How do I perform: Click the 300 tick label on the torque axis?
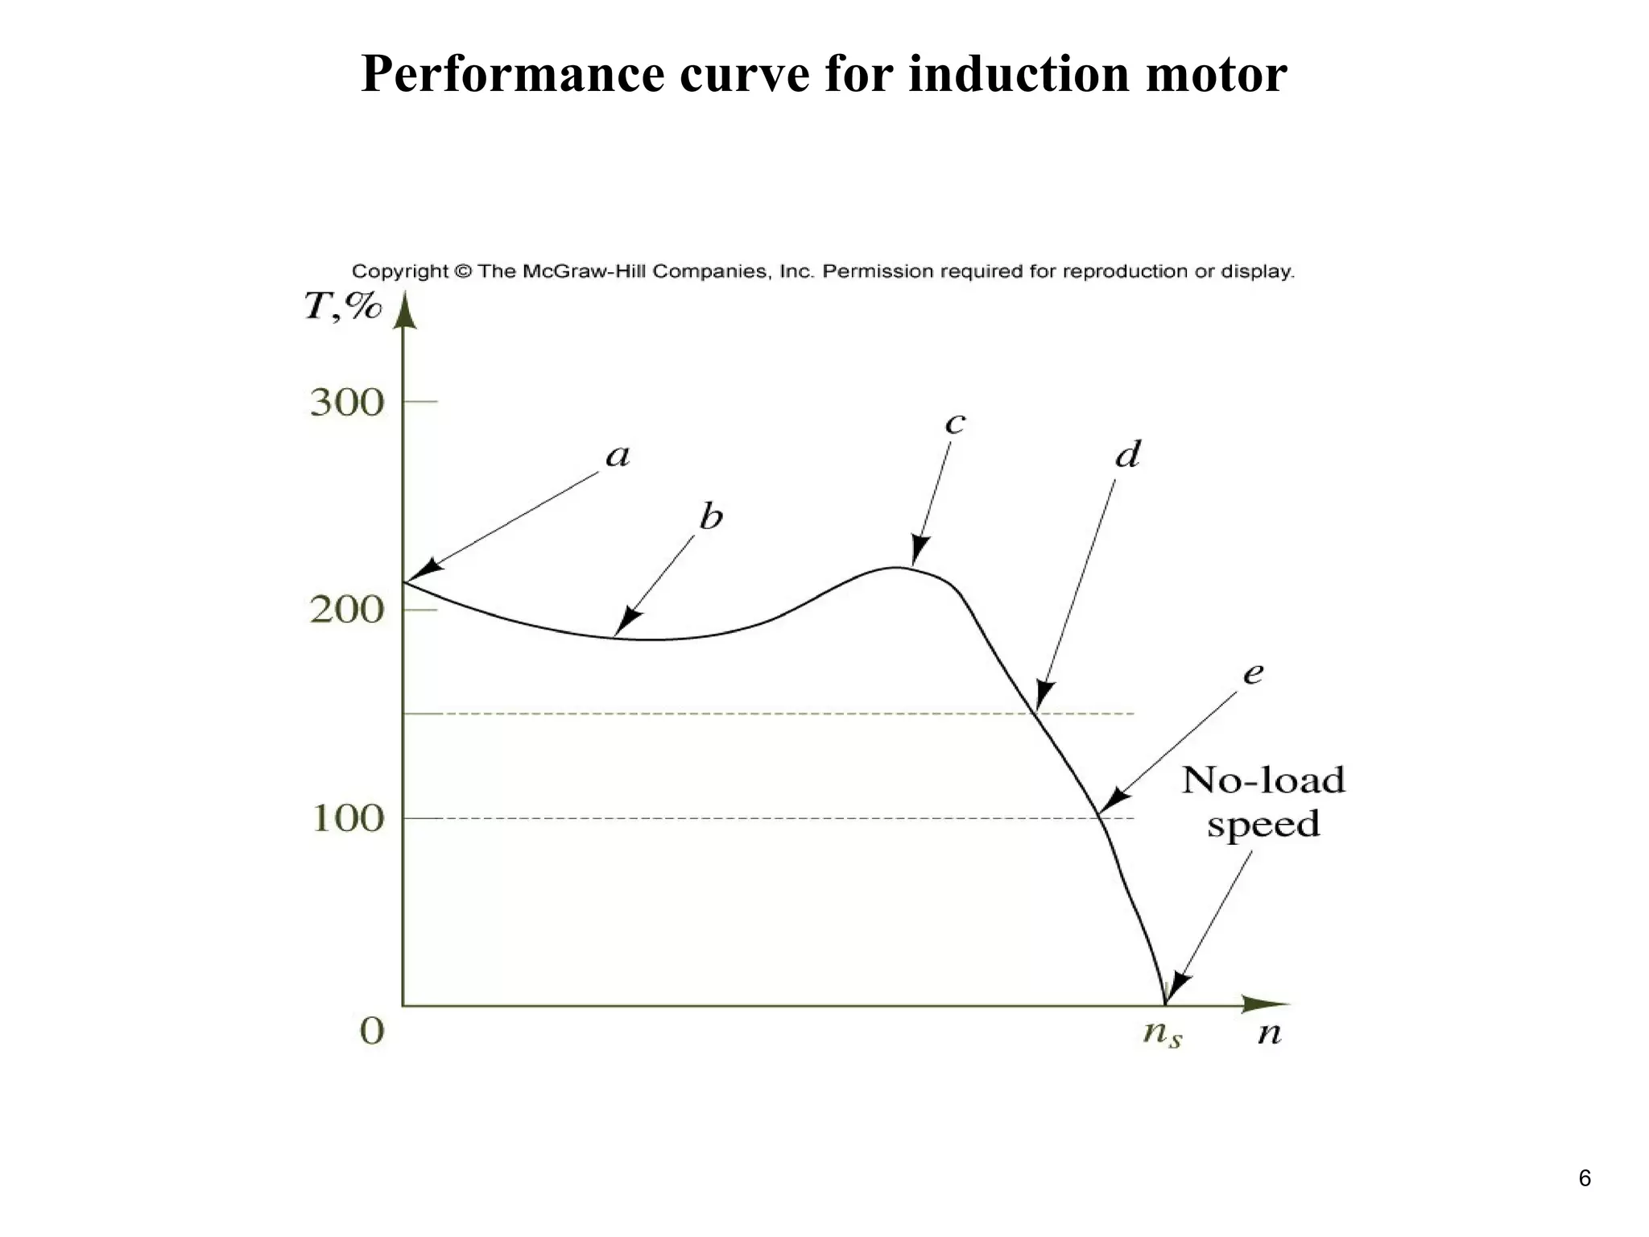tap(347, 403)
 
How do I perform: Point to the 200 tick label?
tap(347, 610)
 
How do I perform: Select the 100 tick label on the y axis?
tap(347, 819)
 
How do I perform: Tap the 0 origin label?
tap(372, 1031)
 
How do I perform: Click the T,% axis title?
tap(342, 307)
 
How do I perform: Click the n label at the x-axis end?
tap(1270, 1033)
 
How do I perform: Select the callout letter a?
tap(618, 457)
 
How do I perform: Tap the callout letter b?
tap(711, 517)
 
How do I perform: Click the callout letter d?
tap(1128, 455)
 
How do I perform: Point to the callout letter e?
tap(1253, 673)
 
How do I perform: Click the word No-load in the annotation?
tap(1263, 780)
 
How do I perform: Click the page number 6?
tap(1585, 1178)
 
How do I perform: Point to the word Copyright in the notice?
tap(399, 271)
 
